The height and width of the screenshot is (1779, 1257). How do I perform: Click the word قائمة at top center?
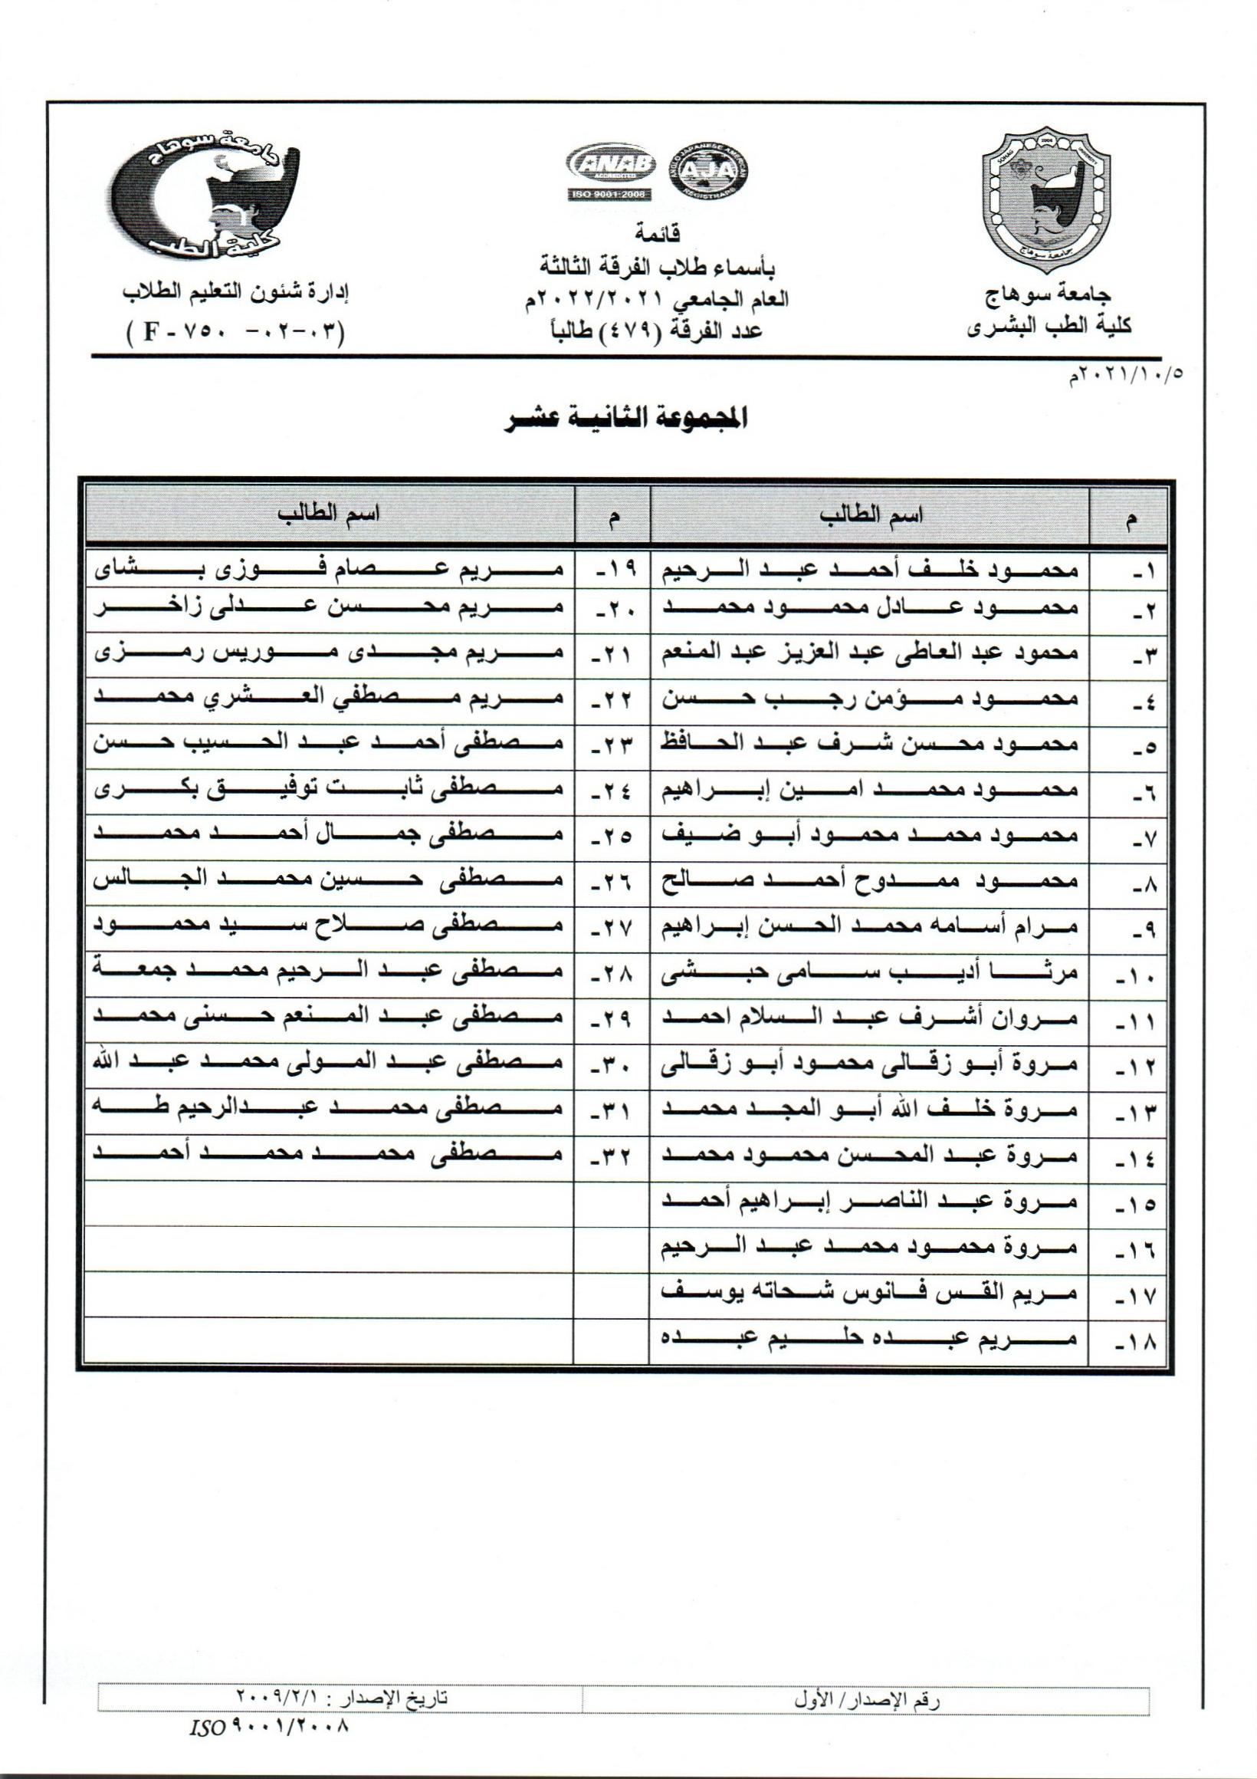click(658, 232)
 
